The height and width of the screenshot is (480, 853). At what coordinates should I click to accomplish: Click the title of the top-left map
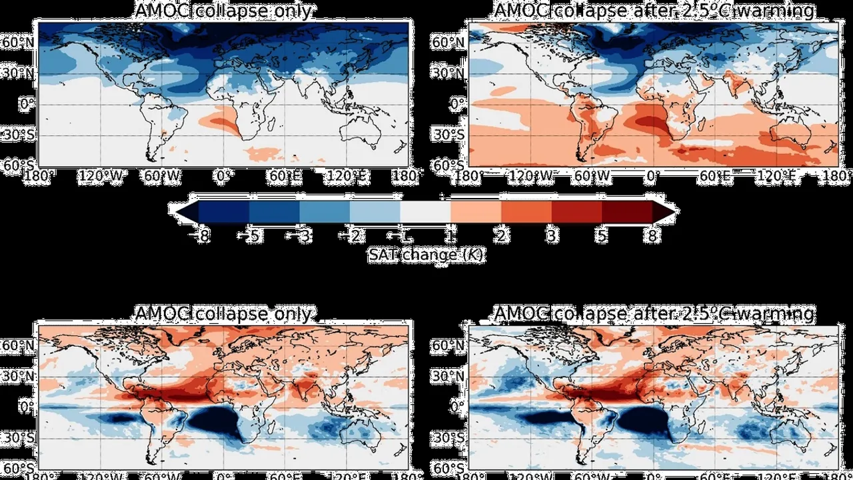tap(223, 11)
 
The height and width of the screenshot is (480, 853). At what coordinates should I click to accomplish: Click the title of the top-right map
tap(654, 11)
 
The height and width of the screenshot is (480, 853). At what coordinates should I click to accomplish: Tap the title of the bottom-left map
tap(223, 313)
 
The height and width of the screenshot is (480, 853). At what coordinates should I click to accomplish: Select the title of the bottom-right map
tap(654, 313)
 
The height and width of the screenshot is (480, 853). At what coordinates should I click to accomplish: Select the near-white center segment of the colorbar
tap(425, 212)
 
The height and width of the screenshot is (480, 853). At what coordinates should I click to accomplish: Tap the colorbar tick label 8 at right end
tap(651, 236)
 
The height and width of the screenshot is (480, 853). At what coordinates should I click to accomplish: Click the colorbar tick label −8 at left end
tap(199, 236)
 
